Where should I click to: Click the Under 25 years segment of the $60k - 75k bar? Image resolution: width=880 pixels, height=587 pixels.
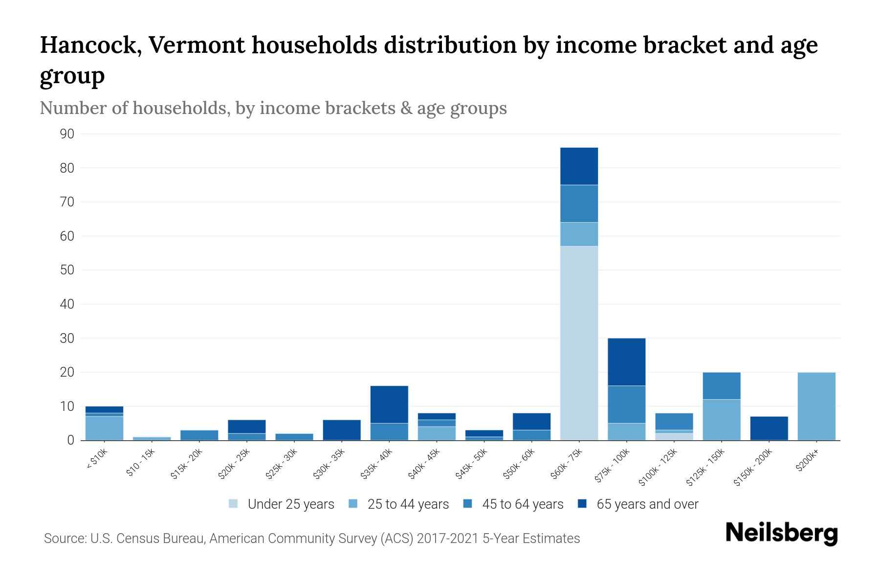579,342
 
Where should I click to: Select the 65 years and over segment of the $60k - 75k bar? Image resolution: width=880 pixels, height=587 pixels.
579,166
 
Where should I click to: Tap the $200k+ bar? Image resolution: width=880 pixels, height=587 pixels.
816,406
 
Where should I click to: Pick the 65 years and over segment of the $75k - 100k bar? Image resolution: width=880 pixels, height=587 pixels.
626,362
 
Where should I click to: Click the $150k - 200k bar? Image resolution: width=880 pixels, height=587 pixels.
769,428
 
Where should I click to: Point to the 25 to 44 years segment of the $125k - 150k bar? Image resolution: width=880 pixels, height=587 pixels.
722,420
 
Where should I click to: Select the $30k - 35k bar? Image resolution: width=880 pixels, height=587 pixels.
342,430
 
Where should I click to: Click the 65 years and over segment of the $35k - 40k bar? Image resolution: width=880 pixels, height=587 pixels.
389,405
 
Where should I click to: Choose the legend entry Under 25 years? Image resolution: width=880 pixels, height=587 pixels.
290,504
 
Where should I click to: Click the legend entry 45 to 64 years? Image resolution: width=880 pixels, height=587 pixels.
522,504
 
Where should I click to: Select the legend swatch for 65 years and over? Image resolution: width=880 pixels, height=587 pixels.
582,504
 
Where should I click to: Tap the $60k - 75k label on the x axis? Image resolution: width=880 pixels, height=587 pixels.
567,464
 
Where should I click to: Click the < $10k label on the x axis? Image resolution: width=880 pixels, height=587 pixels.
97,460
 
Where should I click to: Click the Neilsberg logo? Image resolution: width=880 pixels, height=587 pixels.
781,533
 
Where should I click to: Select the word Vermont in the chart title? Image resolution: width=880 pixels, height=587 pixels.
196,45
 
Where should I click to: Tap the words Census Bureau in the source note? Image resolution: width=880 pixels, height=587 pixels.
164,539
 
